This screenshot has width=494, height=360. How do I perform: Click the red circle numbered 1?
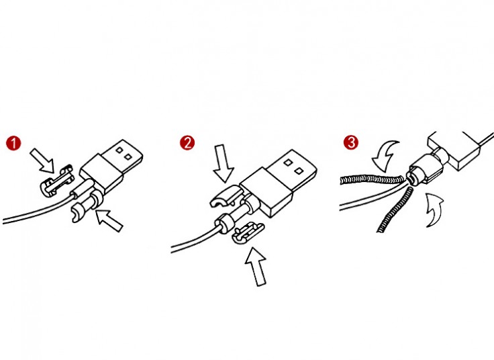(x=13, y=143)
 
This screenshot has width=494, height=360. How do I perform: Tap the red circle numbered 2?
(x=187, y=143)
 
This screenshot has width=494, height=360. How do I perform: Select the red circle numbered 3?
(x=351, y=142)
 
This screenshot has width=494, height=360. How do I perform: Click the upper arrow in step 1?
(x=43, y=161)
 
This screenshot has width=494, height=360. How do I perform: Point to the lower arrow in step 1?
(x=109, y=220)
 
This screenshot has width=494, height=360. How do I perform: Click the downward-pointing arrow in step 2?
(x=223, y=163)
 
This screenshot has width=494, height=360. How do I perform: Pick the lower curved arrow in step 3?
(x=435, y=210)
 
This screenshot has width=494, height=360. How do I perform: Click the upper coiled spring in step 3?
(x=372, y=180)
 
